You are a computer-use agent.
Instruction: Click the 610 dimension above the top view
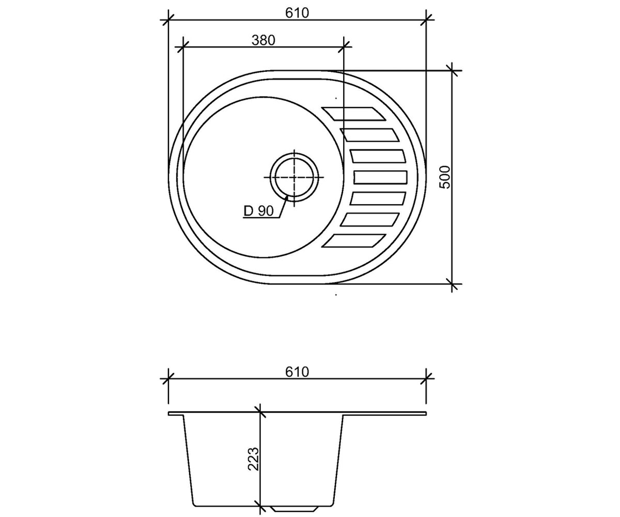297,13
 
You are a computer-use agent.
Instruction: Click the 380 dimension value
263,40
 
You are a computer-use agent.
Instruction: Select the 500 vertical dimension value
445,177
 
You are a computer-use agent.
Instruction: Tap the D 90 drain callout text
258,211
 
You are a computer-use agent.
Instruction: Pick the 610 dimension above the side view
297,372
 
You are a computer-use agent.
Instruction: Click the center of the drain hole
294,177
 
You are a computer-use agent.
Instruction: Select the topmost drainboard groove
354,114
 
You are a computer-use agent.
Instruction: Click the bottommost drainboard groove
354,241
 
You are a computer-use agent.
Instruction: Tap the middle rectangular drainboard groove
380,177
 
